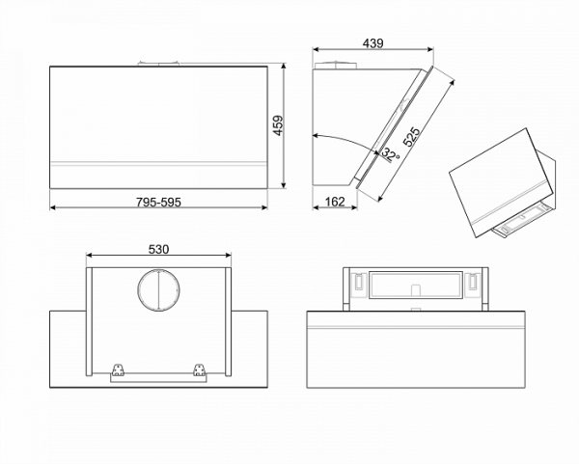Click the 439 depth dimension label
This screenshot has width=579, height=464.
coord(372,43)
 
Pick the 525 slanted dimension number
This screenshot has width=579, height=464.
coord(412,137)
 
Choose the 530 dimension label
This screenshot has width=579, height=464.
coord(159,249)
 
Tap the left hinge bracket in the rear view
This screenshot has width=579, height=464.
coord(119,368)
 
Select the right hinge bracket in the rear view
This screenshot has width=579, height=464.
coord(200,368)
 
